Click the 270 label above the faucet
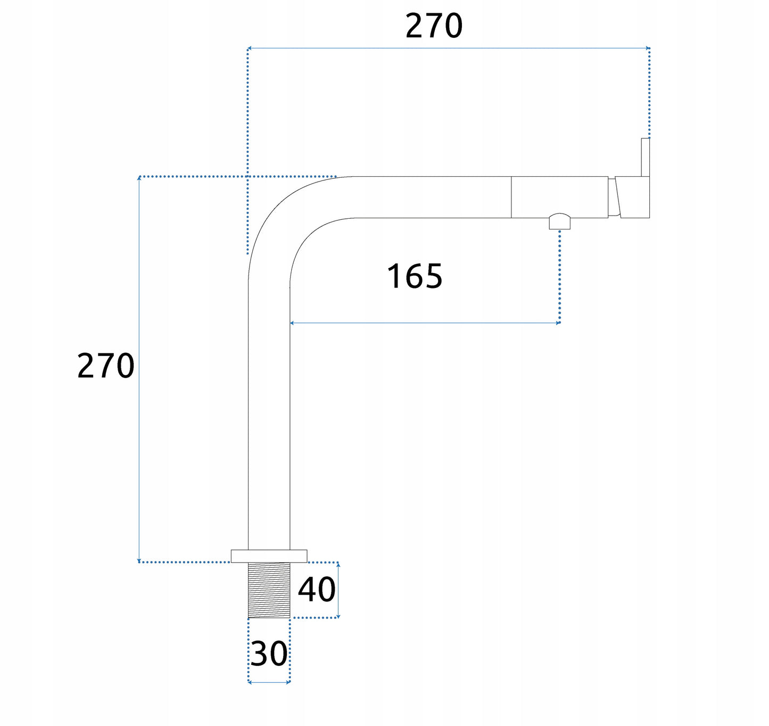click(434, 26)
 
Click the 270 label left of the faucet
click(106, 365)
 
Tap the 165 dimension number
click(415, 276)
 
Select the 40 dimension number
click(316, 590)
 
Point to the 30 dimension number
click(269, 654)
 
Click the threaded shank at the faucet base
click(269, 590)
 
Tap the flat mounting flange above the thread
click(269, 556)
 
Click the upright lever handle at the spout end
click(645, 158)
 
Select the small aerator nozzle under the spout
click(559, 221)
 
